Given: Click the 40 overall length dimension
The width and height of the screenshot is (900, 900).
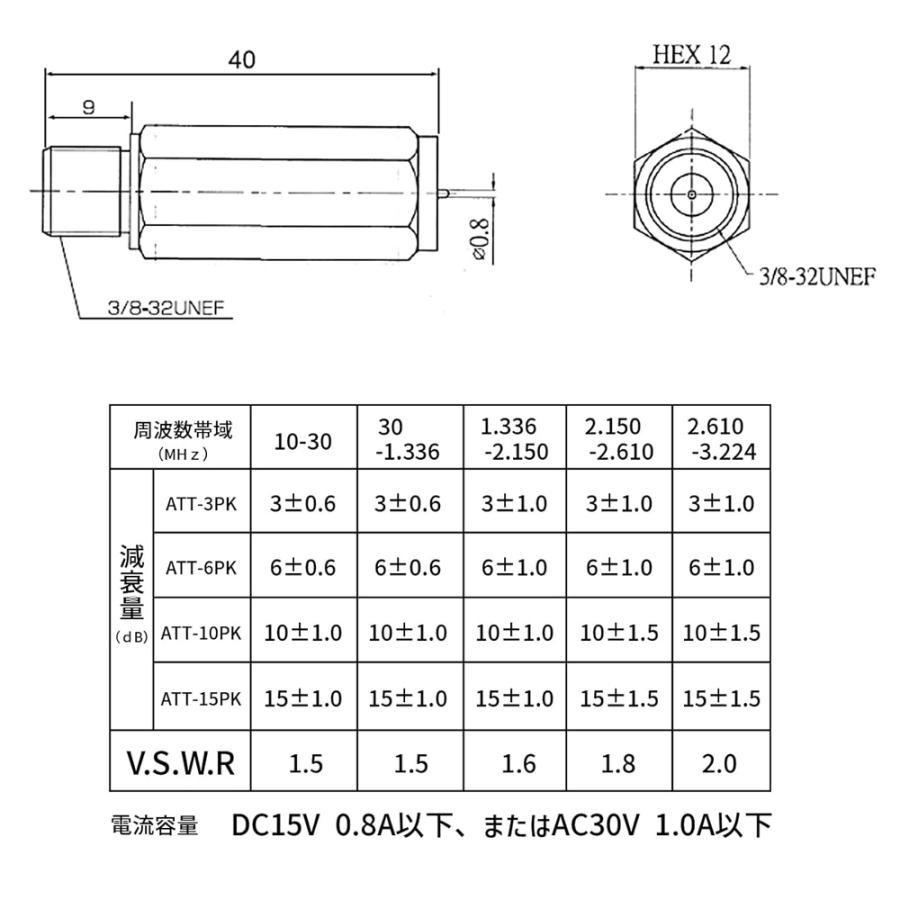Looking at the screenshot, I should point(241,60).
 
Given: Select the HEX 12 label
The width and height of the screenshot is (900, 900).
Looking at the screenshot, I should point(692,54).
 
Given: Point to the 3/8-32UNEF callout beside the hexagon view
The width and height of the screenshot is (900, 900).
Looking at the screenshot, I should point(819,277).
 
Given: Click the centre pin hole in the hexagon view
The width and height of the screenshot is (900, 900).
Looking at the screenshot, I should point(693,193).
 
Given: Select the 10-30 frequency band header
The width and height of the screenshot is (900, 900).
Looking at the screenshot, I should point(302,441).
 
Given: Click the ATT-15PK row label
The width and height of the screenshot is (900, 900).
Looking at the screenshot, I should point(201,699).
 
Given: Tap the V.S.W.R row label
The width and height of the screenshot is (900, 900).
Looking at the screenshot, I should point(181,764).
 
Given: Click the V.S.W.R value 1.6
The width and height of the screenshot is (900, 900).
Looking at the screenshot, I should point(514,765).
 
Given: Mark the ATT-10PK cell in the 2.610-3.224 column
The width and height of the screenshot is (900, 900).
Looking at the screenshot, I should point(720,634).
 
